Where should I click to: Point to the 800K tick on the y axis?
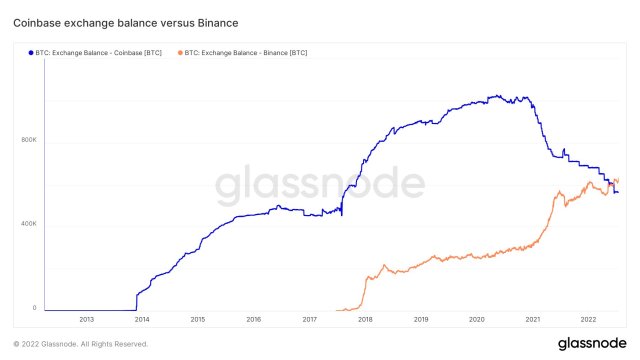(28, 139)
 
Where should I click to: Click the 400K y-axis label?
(28, 223)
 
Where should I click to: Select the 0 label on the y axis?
(34, 307)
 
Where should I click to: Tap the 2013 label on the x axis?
(86, 320)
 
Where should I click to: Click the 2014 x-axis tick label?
(142, 320)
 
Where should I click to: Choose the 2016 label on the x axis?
(253, 320)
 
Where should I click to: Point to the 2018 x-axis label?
(365, 320)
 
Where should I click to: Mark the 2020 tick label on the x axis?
(477, 320)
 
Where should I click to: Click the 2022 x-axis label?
(589, 320)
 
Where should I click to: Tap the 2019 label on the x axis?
(421, 320)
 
